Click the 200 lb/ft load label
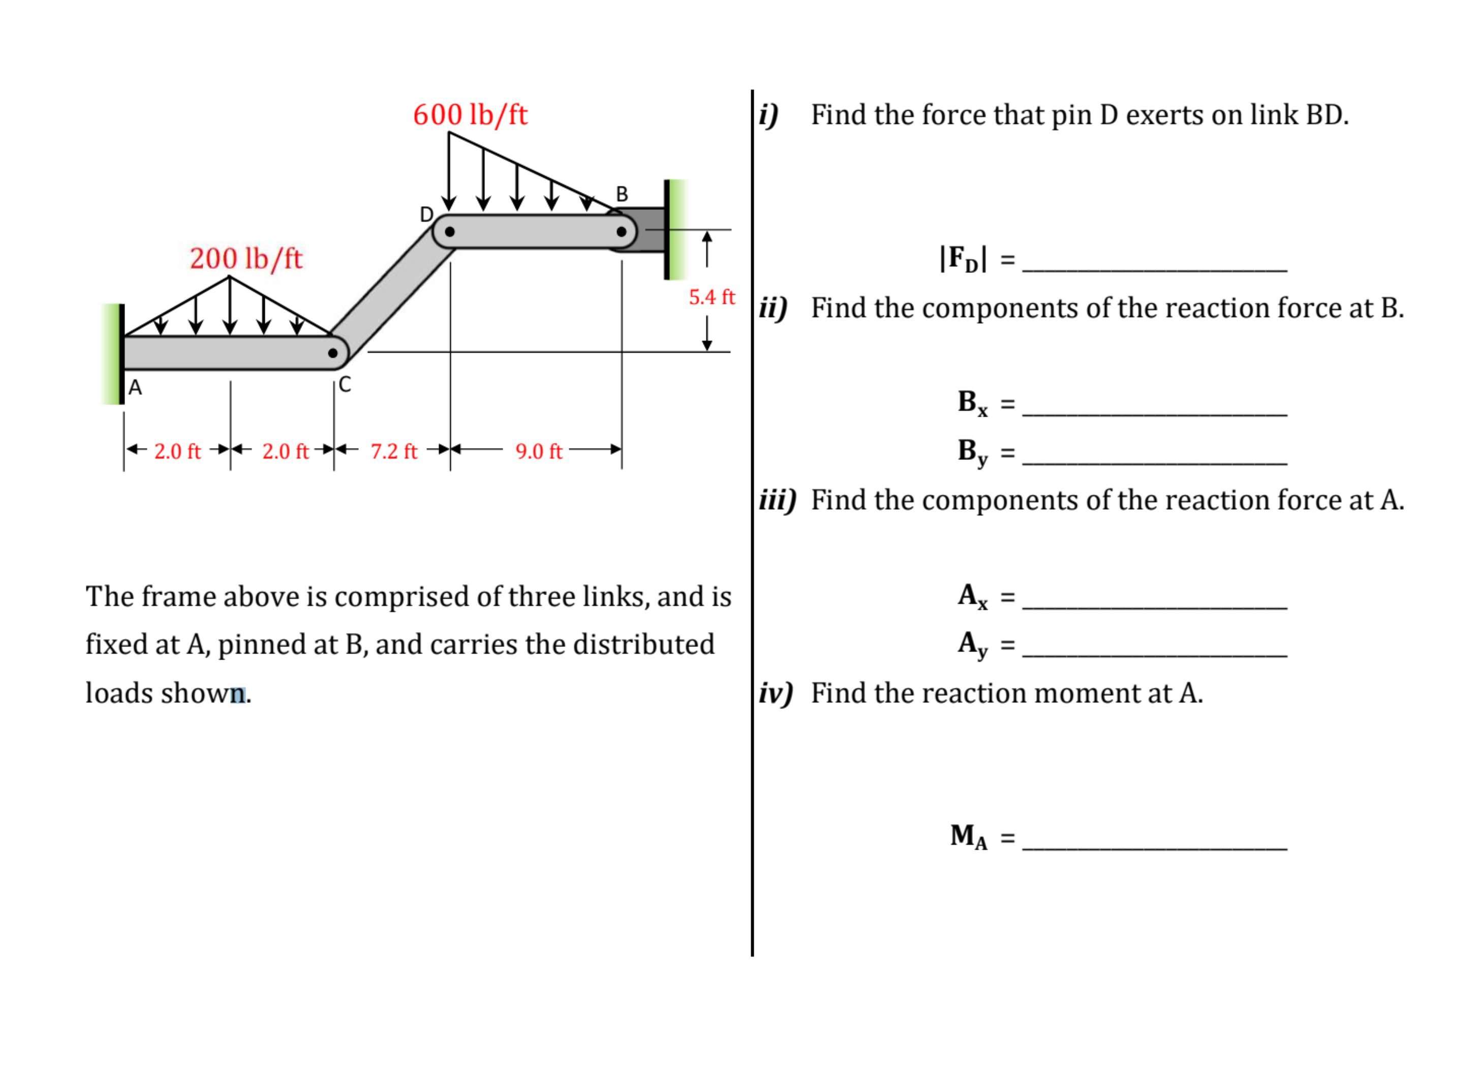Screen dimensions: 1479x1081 click(246, 259)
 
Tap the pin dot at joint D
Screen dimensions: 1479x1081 click(450, 232)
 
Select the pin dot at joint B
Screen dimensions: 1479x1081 click(621, 232)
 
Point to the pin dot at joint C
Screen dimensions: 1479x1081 click(332, 353)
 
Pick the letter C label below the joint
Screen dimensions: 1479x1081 click(345, 384)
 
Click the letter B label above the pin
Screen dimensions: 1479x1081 click(622, 194)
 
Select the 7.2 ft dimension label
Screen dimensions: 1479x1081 click(393, 451)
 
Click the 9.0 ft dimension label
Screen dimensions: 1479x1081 click(539, 451)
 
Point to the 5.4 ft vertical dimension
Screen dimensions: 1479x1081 click(712, 297)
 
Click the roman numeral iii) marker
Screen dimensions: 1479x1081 click(778, 501)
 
